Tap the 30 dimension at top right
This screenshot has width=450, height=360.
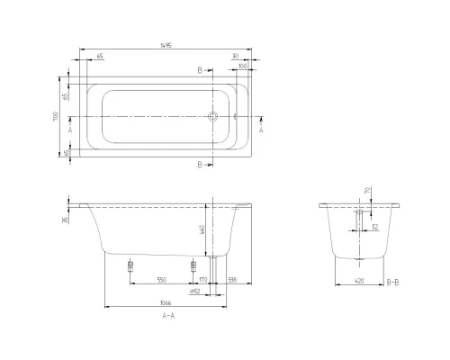pos(234,56)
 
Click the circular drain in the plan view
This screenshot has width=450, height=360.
pos(213,118)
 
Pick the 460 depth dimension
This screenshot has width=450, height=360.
pos(203,230)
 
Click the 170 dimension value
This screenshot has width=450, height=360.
pos(203,280)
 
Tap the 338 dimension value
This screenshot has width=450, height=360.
pos(233,280)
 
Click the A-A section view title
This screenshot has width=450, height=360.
pos(168,317)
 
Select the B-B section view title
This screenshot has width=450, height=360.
pos(392,282)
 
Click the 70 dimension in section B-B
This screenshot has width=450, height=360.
pos(366,191)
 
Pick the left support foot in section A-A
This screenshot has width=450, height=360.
pos(130,265)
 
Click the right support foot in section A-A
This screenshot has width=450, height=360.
pos(192,265)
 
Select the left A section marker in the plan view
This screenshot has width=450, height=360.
pos(70,130)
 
